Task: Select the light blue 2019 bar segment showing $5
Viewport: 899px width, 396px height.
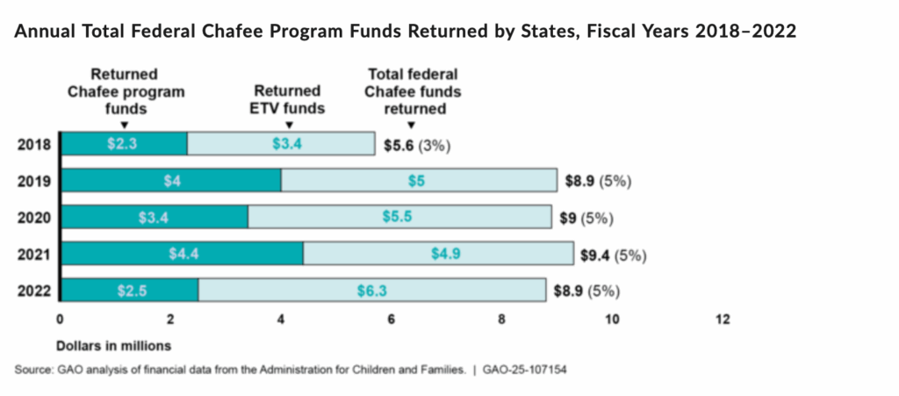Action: (419, 181)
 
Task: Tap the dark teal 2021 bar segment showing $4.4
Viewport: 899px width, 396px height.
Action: (182, 254)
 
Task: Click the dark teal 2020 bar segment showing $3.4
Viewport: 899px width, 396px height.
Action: (154, 218)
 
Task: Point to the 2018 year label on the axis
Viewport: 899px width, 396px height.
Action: (33, 145)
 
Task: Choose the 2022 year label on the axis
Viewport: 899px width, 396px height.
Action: (33, 291)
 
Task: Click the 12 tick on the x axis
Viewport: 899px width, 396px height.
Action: (723, 320)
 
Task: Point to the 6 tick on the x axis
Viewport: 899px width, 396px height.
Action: (391, 320)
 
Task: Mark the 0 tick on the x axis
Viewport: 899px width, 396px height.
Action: (60, 320)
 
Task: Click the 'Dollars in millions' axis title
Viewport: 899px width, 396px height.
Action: (114, 344)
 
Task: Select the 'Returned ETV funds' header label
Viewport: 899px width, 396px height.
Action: (288, 99)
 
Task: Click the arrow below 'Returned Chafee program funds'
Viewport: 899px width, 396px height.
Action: (124, 125)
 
